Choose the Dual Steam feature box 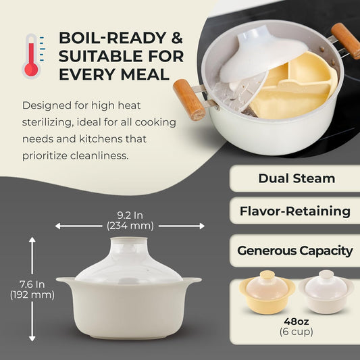[x=297, y=178]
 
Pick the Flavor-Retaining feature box [x=295, y=211]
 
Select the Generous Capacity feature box [x=295, y=250]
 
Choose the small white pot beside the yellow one [x=326, y=290]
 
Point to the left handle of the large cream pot [x=66, y=280]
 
